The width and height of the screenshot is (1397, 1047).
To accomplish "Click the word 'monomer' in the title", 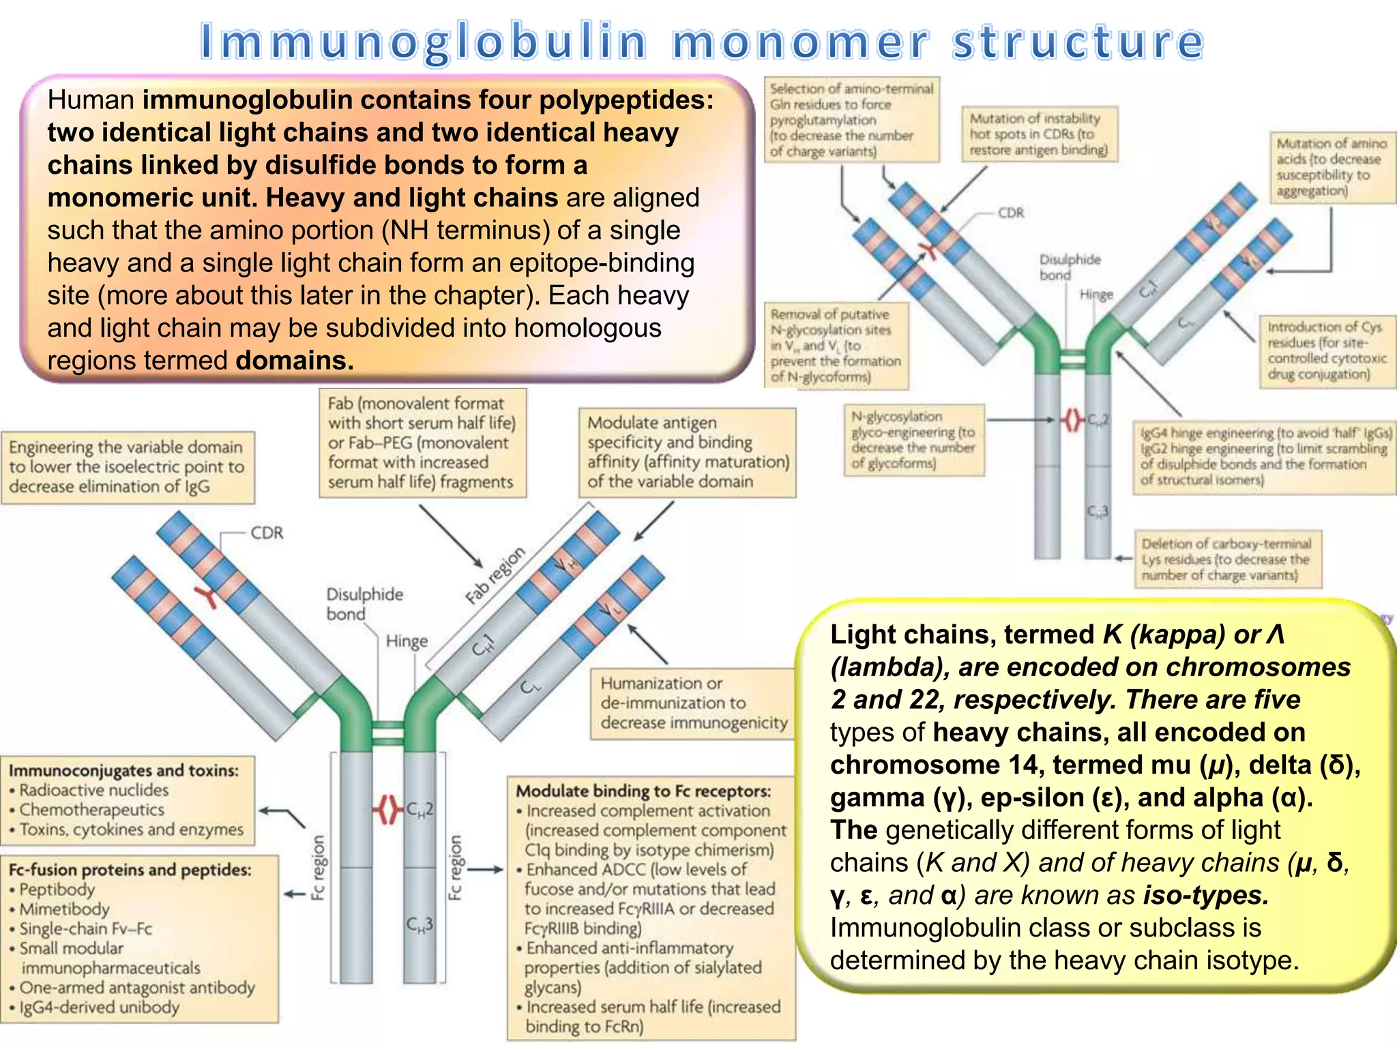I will [x=800, y=42].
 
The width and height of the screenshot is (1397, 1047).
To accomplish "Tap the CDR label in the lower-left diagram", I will [x=267, y=533].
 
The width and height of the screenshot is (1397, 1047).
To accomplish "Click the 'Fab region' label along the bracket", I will [x=495, y=576].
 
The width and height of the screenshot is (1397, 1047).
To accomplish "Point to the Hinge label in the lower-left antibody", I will [x=407, y=641].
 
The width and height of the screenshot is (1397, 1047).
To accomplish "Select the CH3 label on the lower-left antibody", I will [x=420, y=925].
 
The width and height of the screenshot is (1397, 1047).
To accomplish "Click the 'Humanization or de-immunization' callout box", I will [x=692, y=703].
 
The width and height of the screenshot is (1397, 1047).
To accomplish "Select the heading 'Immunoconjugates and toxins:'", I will [x=123, y=770].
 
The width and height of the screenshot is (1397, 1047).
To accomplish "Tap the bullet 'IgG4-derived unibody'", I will [x=99, y=1007].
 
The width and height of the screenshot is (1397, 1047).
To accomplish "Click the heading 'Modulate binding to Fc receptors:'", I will [x=643, y=791].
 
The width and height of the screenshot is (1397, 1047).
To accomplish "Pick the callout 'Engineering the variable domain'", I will [x=127, y=467].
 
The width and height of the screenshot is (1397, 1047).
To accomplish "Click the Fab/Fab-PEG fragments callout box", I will [x=422, y=442].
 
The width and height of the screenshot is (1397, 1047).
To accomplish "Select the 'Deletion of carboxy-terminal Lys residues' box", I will [x=1226, y=559].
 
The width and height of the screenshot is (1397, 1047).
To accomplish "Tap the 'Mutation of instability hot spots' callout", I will [x=1038, y=134].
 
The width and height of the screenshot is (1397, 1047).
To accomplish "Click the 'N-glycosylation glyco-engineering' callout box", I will [x=914, y=440].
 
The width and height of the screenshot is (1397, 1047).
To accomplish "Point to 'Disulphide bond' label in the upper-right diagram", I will [x=1068, y=267].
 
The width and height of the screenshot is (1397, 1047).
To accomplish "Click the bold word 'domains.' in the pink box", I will [x=295, y=360].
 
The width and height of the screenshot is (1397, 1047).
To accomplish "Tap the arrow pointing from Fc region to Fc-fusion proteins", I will [x=295, y=894].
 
